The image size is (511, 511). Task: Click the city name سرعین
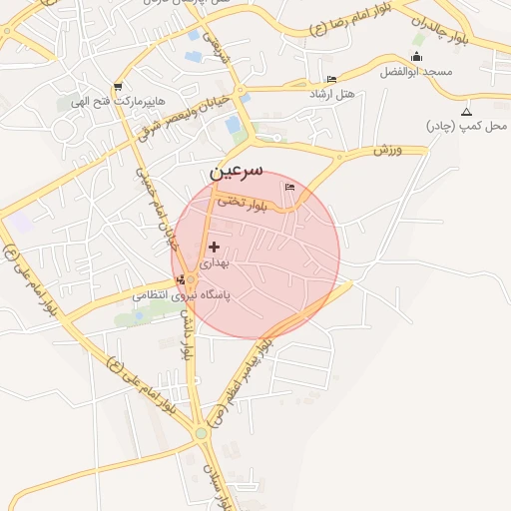coord(239,172)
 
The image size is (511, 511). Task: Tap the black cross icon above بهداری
coord(214,246)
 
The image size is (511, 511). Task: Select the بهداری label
coord(215,263)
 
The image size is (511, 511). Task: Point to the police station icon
coord(179,278)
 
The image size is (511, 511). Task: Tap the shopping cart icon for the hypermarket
coord(119,86)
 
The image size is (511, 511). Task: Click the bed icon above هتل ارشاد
coord(332,79)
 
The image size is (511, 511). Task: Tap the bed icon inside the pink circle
coord(290,187)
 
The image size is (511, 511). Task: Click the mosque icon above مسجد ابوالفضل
coord(416,56)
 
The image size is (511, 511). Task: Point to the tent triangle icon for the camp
coord(466,111)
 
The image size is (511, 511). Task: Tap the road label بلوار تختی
coord(247,205)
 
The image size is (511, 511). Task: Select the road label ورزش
coord(387,150)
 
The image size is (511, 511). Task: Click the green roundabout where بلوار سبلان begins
coord(201,433)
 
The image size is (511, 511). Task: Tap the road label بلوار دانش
coord(185,333)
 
